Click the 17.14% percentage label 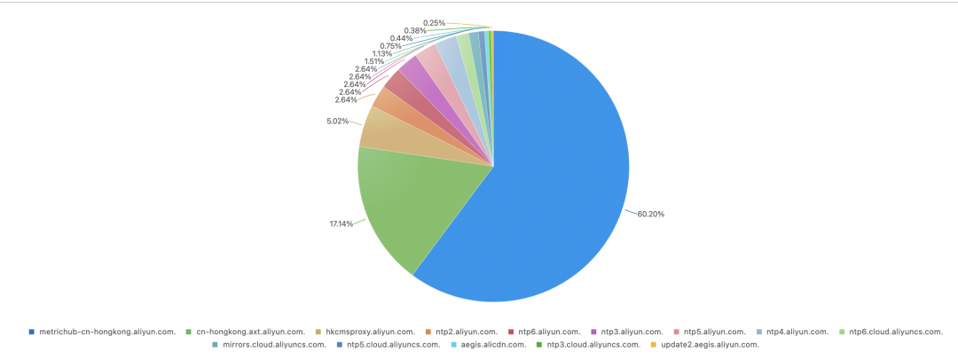342,223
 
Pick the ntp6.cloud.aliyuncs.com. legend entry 895,332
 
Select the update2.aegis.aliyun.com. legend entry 710,344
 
